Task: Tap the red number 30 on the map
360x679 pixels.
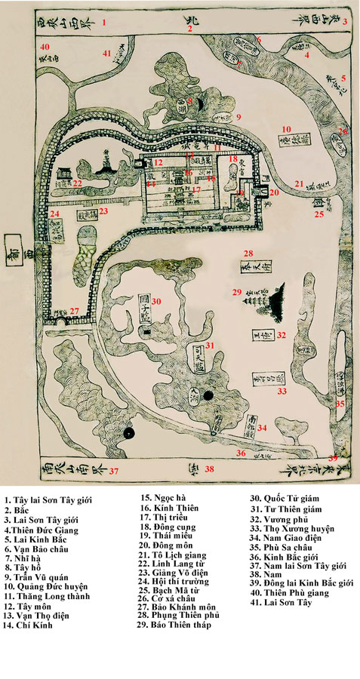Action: click(x=155, y=302)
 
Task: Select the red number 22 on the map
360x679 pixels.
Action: click(x=77, y=183)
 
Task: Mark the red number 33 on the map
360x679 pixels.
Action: click(x=281, y=392)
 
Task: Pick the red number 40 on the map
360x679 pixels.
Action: click(x=45, y=47)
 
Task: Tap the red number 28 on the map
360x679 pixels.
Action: click(x=248, y=253)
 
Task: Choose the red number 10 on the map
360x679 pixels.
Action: click(x=287, y=128)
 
